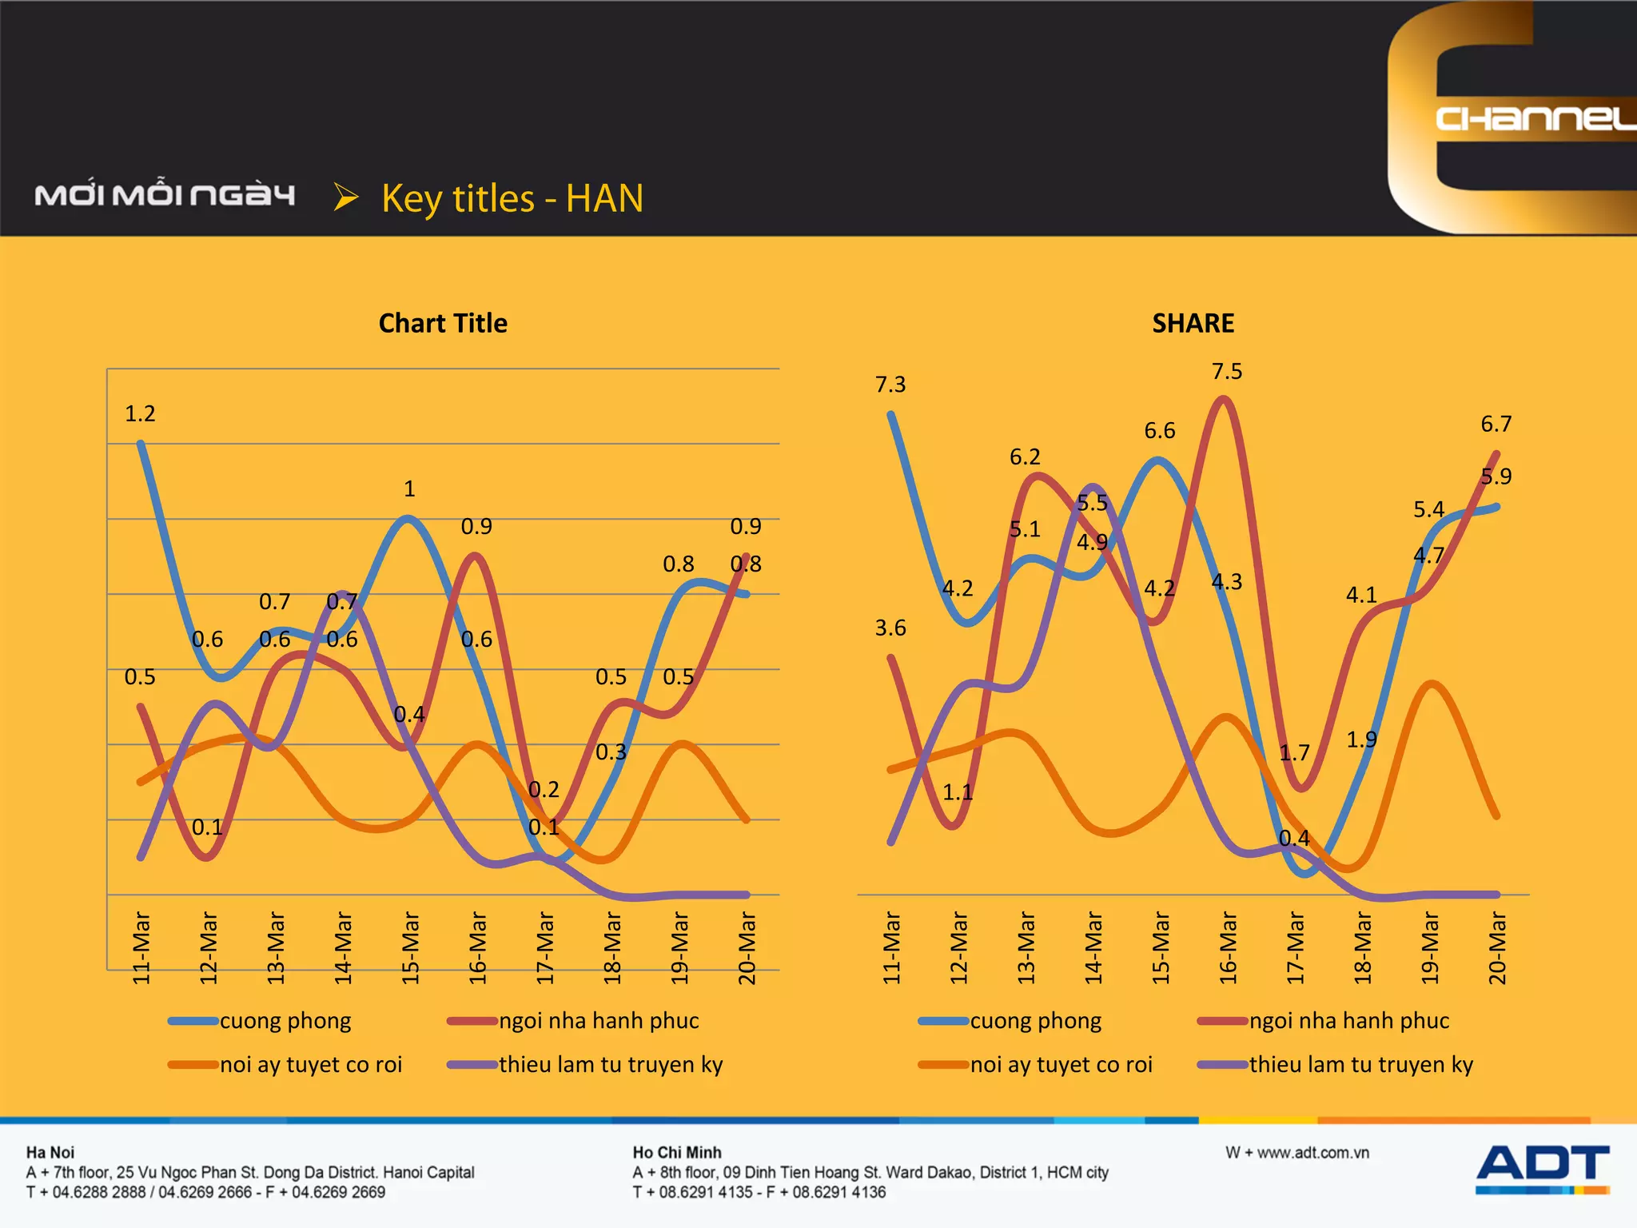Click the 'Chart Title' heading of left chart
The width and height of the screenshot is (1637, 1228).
[443, 323]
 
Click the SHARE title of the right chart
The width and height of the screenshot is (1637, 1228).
[1193, 323]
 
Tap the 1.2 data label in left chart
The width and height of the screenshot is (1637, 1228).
[140, 413]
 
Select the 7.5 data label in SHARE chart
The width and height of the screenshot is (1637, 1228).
[1226, 371]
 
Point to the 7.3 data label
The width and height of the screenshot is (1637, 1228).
[890, 385]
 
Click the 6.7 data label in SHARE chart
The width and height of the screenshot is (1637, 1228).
[1496, 424]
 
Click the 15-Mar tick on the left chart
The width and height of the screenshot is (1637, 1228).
[410, 947]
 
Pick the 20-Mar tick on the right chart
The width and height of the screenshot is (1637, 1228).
[1497, 947]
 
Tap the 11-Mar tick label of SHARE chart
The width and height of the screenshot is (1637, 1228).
[891, 947]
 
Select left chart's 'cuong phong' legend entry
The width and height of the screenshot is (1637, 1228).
[285, 1021]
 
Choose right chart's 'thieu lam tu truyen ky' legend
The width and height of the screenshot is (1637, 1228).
[1360, 1064]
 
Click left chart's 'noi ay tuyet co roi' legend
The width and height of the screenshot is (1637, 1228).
[310, 1064]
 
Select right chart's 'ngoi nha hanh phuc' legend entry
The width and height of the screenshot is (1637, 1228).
[1348, 1021]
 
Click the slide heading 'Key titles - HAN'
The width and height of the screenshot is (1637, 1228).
[512, 198]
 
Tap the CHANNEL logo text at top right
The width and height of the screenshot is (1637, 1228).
[1535, 119]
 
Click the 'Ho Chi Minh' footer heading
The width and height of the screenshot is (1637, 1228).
[677, 1152]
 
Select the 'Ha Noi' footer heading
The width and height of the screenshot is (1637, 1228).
[50, 1152]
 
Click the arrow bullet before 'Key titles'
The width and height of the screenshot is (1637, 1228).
[345, 197]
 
